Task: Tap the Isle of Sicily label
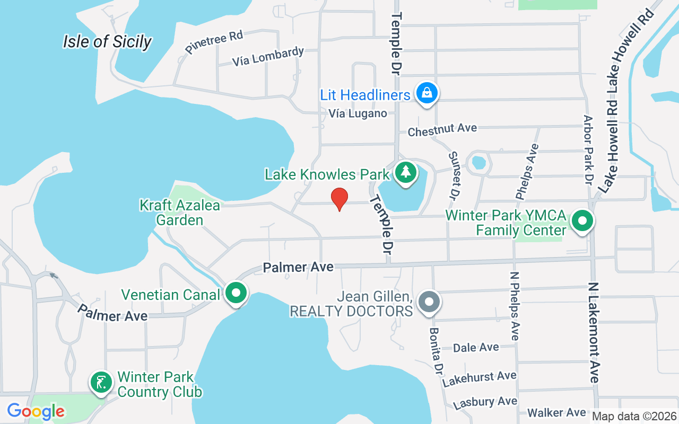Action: (107, 41)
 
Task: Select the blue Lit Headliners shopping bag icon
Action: (426, 93)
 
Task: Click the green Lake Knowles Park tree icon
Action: (406, 172)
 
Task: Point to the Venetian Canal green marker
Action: (236, 293)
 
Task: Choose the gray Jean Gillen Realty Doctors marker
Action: (429, 302)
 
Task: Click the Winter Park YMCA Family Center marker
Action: (582, 221)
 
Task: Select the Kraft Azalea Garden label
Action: (180, 212)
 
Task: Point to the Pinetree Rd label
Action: (214, 42)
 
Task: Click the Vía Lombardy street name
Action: (268, 57)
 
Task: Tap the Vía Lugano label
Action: (358, 113)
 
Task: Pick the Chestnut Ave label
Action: (442, 129)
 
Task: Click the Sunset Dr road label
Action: (454, 175)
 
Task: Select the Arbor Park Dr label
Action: (588, 149)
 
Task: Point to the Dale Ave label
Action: (476, 348)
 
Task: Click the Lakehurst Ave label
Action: (479, 378)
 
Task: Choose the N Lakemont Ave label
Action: (594, 333)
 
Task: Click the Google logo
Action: (36, 411)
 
